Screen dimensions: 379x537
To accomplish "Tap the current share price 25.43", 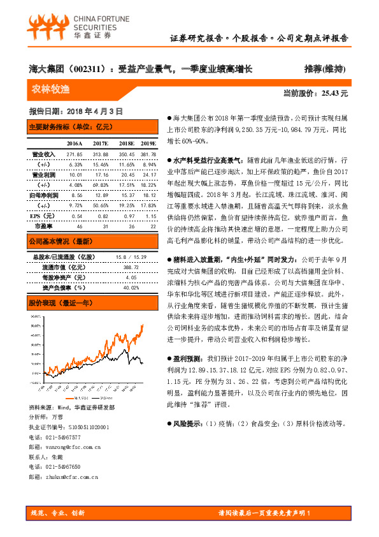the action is click(x=335, y=93).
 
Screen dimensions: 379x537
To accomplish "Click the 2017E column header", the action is click(x=101, y=143).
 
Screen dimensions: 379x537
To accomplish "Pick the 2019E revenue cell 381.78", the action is click(x=148, y=154).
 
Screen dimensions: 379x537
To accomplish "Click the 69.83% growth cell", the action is click(x=101, y=184).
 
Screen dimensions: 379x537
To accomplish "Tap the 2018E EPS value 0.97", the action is click(x=125, y=216).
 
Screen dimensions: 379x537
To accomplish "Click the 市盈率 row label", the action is click(x=43, y=226).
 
